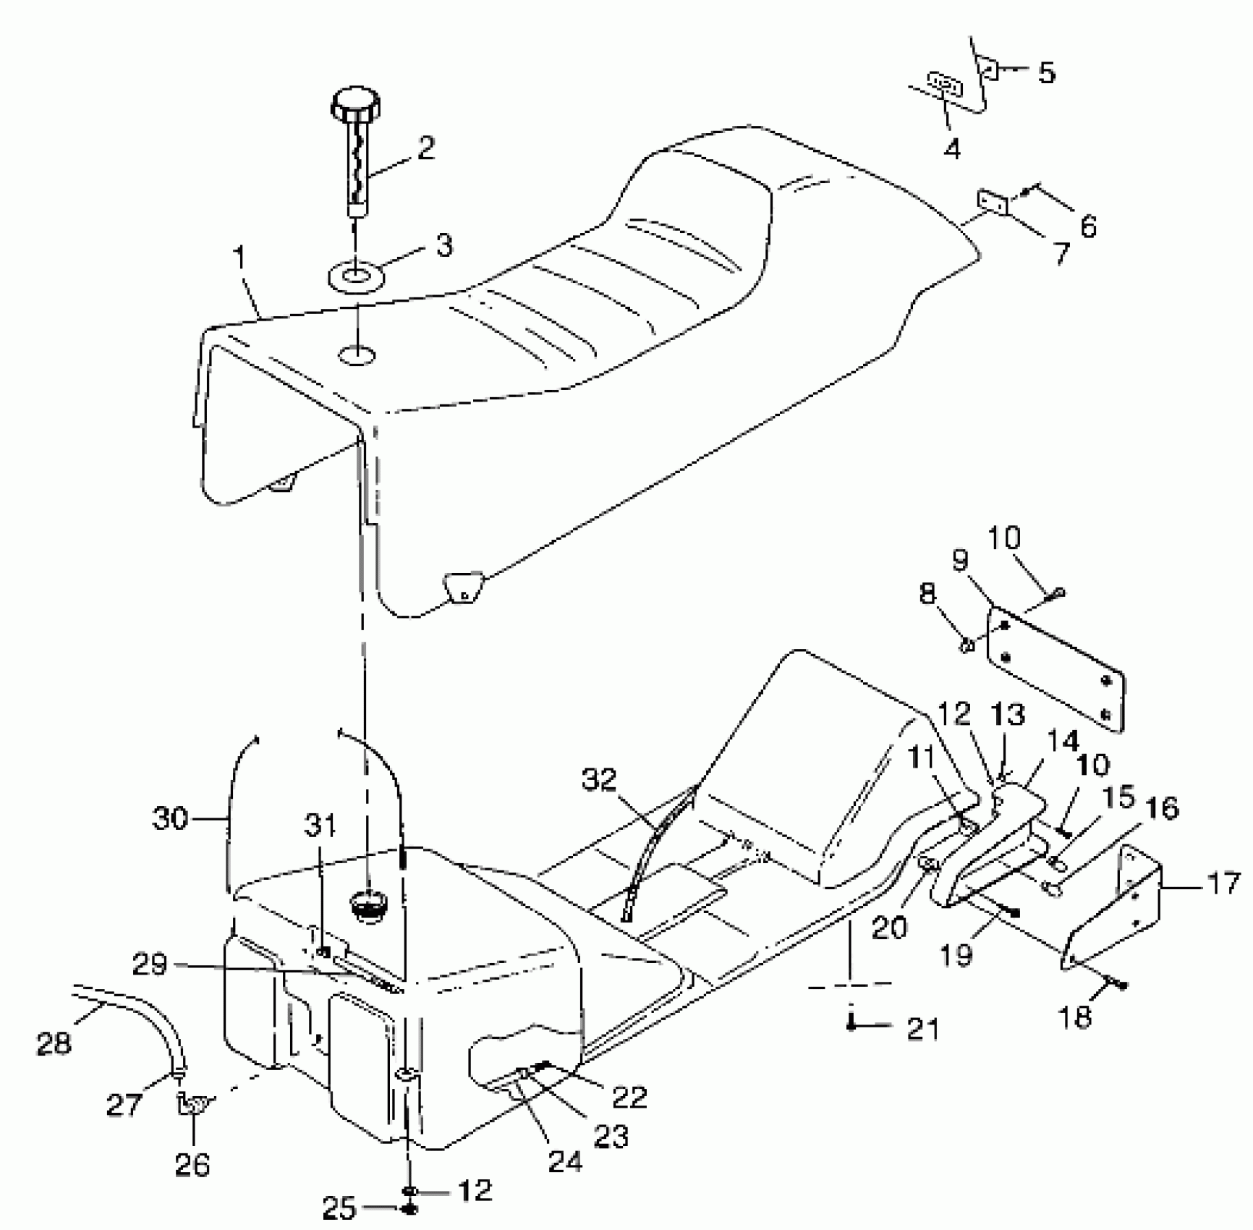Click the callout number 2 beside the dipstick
click(x=426, y=148)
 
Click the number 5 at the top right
click(x=1046, y=72)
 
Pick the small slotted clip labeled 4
click(x=944, y=85)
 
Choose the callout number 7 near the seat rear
click(x=1061, y=254)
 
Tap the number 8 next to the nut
click(x=928, y=594)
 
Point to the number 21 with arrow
click(x=922, y=1027)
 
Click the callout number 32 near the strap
click(x=600, y=781)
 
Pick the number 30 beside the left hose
click(x=170, y=819)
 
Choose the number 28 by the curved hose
click(x=54, y=1043)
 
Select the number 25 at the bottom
click(x=339, y=1208)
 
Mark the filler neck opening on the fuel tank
click(x=368, y=904)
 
